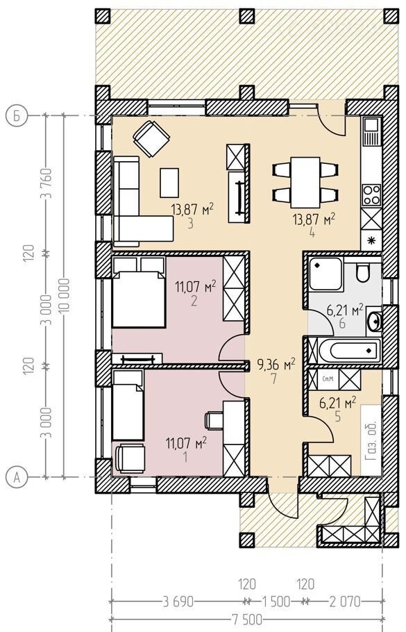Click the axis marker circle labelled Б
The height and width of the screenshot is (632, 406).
(x=16, y=116)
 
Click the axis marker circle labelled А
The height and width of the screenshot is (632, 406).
(x=16, y=478)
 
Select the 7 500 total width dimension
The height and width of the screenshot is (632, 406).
(x=248, y=619)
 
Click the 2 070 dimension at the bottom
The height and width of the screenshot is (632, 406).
(x=345, y=602)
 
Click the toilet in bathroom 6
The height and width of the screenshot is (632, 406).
(x=362, y=273)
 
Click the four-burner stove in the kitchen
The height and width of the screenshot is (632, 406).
(x=371, y=195)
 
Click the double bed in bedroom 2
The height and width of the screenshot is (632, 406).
(x=139, y=292)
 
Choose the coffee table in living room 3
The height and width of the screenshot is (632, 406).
(x=169, y=183)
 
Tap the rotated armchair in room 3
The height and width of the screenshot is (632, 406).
(x=151, y=139)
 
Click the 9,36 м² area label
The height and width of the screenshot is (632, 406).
(x=276, y=365)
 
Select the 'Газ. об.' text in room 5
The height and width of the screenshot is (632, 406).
(x=370, y=441)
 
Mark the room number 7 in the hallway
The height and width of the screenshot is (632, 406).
(x=274, y=379)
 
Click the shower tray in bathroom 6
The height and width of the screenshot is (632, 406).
(x=326, y=274)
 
